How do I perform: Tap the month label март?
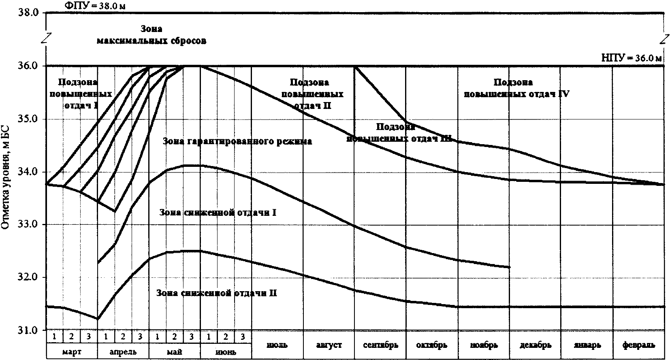[x=72, y=351]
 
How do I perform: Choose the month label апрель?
[x=123, y=351]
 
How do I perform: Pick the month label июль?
[x=277, y=345]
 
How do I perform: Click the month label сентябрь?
[x=380, y=345]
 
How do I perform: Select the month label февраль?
[x=638, y=345]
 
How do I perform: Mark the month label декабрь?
[x=535, y=345]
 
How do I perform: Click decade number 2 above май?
[x=175, y=337]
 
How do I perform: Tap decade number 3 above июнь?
[x=243, y=337]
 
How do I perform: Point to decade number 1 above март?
[x=55, y=337]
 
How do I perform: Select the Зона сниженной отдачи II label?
[x=217, y=293]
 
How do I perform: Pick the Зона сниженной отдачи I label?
[x=218, y=212]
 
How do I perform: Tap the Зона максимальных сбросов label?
[x=151, y=35]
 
